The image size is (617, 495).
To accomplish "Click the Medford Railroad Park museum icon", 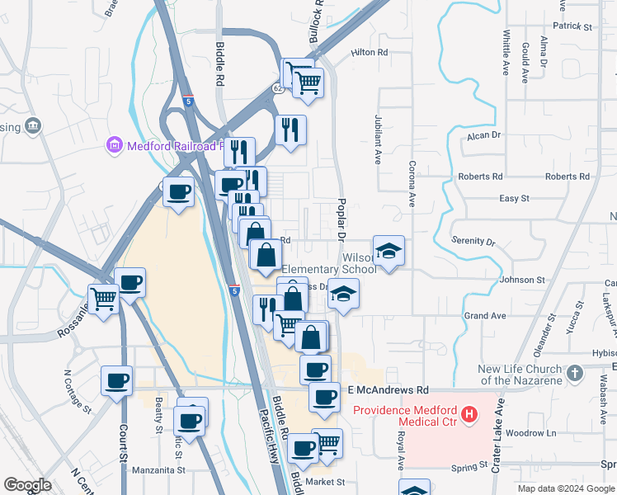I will tap(115, 146).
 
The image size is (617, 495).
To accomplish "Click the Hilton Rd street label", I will tap(369, 52).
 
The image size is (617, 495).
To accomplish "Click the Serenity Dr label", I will tap(473, 243).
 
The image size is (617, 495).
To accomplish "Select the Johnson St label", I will tap(523, 280).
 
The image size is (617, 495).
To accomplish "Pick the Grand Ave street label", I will tap(485, 316).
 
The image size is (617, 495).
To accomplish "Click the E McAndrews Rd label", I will tap(389, 389).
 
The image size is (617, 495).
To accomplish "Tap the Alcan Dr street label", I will tap(484, 135).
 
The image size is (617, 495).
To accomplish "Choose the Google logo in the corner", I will tap(27, 485).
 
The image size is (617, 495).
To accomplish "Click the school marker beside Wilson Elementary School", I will tap(389, 251).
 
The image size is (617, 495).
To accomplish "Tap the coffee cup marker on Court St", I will tap(116, 380).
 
